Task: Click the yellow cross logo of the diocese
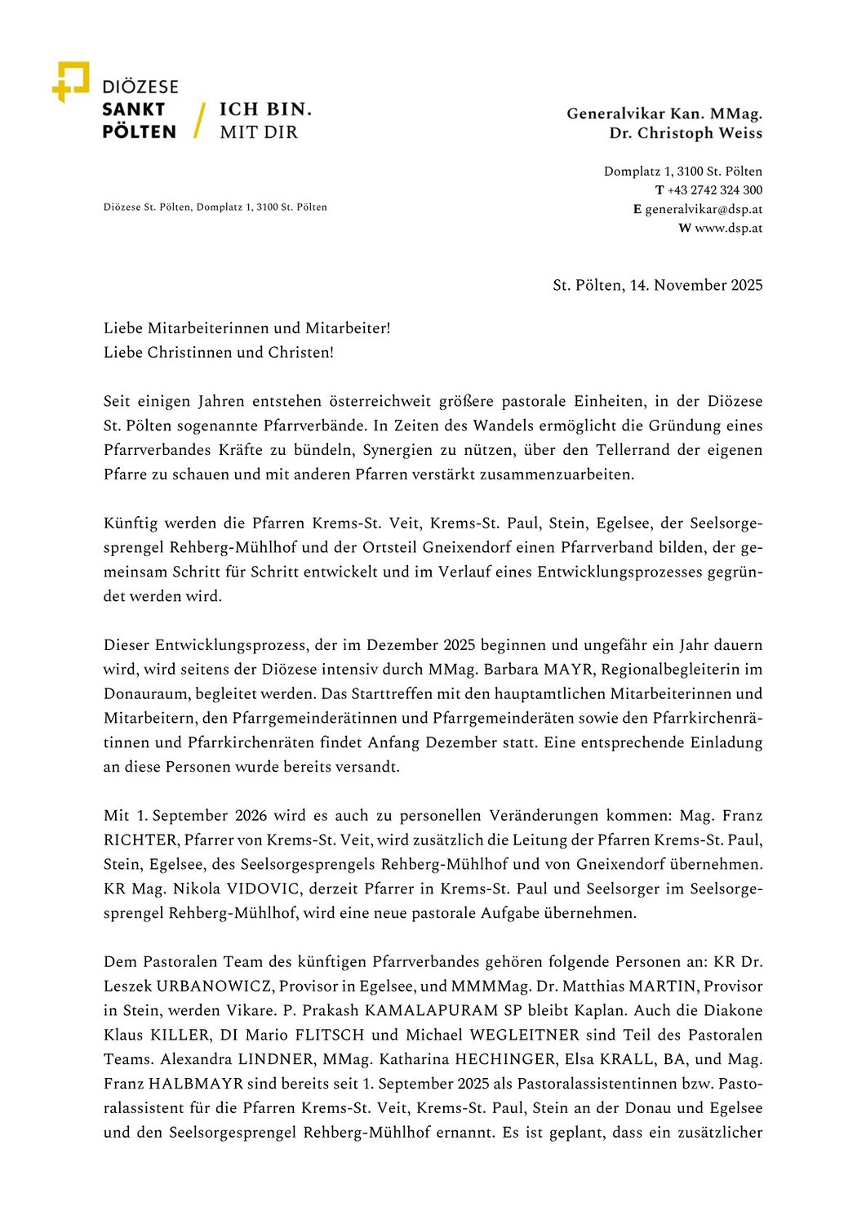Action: tap(70, 81)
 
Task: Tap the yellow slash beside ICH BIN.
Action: tap(198, 120)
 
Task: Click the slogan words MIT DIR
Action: tap(259, 132)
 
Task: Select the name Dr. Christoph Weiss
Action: tap(686, 133)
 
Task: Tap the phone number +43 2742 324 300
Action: tap(715, 190)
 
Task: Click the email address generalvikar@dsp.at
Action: tap(704, 209)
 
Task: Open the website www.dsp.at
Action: tap(728, 228)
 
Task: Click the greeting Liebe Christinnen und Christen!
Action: tap(219, 353)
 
